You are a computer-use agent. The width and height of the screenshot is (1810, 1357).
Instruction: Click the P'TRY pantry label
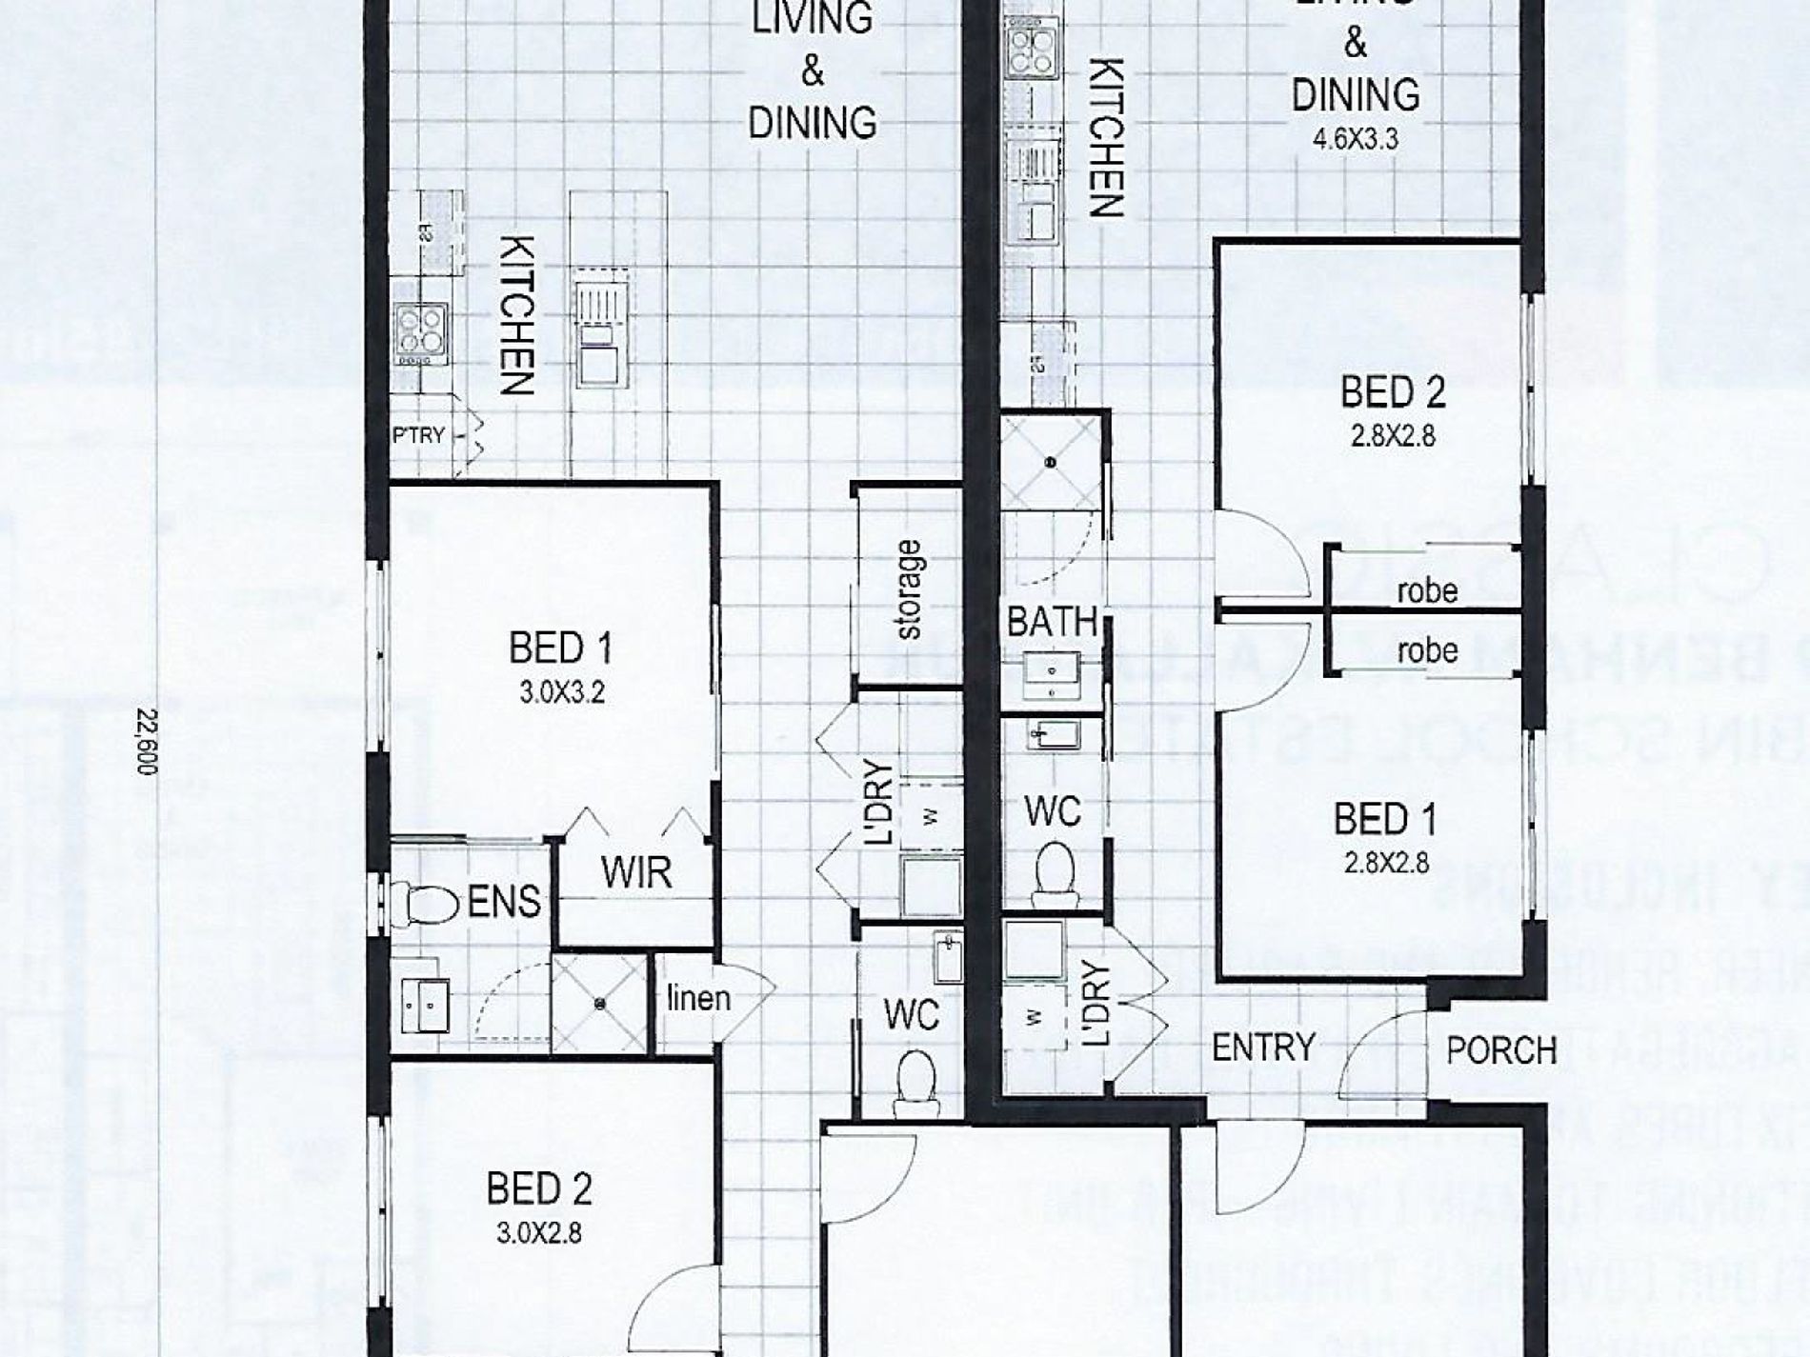(419, 435)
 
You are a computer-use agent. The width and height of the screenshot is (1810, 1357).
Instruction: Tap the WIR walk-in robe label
(635, 872)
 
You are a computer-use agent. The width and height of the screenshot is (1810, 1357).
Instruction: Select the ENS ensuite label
(504, 901)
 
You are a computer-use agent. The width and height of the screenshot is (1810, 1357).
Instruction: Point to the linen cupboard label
(698, 998)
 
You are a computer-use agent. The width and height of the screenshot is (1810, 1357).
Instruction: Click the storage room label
(909, 589)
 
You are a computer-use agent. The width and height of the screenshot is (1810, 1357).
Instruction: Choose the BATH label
(1052, 622)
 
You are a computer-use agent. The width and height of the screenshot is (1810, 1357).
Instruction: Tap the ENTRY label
(1263, 1048)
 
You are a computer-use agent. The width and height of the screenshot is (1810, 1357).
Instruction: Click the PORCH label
(1500, 1050)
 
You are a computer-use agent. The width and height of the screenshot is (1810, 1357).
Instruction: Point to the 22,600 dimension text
(145, 742)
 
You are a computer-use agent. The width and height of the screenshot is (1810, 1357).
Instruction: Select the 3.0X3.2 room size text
(562, 692)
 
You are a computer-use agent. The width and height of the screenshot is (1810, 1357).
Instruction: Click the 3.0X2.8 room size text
(538, 1233)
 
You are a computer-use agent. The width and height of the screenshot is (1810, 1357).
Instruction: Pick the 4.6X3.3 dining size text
(1355, 139)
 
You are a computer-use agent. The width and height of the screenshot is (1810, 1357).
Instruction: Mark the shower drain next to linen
(599, 1004)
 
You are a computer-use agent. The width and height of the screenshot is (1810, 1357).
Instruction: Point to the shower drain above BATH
(1051, 463)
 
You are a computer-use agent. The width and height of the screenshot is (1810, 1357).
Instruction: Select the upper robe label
(1427, 590)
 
